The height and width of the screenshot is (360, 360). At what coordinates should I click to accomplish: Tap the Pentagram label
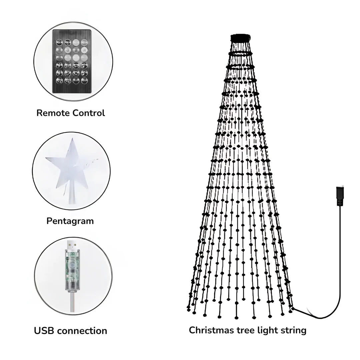70,221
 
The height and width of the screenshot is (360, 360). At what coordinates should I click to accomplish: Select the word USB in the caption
44,331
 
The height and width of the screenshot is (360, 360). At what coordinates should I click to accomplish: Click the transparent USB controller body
73,267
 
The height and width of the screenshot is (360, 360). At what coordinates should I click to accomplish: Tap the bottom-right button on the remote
84,80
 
